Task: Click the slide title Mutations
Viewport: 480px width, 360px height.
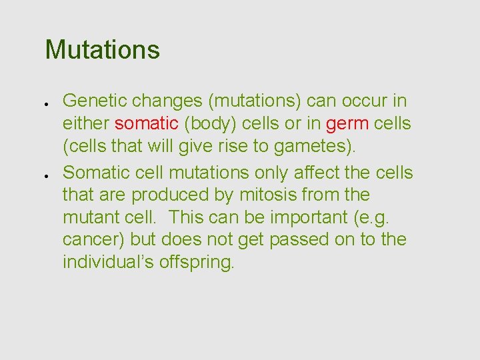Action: (x=102, y=50)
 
